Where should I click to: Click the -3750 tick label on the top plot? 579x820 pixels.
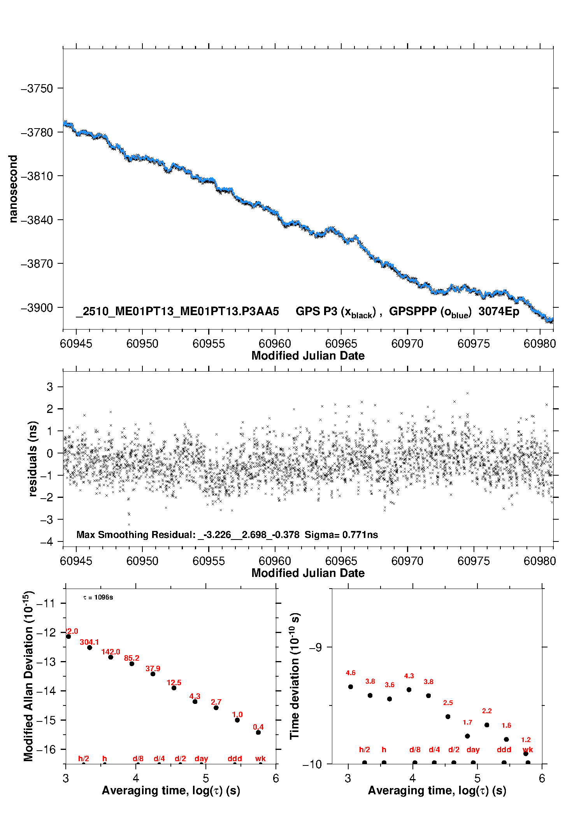coord(37,88)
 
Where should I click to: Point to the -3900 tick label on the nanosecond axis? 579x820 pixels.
coord(37,308)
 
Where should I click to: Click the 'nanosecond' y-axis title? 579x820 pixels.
coord(13,189)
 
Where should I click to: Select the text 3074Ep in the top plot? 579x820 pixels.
coord(498,312)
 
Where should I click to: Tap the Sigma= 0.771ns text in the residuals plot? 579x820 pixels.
coord(341,535)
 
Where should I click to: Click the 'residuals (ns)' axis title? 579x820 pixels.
coord(33,458)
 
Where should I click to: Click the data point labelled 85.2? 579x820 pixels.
coord(132,664)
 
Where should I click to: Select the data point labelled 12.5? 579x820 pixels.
coord(174,688)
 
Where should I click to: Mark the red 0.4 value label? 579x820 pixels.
coord(258,727)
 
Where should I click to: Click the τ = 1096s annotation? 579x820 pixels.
coord(98,598)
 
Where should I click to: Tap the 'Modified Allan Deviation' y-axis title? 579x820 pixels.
coord(28,676)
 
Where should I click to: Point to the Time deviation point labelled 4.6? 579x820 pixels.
coord(351,687)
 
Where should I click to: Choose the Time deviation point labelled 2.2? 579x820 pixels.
coord(487,725)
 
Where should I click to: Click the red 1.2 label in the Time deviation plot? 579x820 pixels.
coord(526,740)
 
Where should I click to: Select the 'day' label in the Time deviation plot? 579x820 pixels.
coord(473,749)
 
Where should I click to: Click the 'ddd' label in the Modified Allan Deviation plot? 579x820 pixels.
coord(235,758)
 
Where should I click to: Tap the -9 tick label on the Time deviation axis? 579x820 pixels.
coord(316,647)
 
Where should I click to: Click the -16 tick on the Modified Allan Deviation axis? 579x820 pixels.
coord(46,749)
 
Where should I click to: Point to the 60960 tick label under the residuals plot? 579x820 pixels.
coord(275,561)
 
